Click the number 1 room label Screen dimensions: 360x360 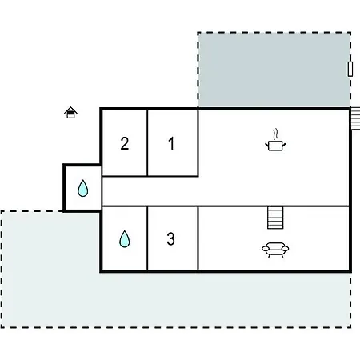coord(171,143)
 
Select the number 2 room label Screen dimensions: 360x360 coord(125,143)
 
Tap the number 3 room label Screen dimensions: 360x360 coord(170,238)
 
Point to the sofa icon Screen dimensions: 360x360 coord(275,250)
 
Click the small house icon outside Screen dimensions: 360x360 coord(70,113)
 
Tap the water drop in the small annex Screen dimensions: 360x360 coord(82,188)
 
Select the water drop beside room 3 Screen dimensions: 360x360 coord(125,239)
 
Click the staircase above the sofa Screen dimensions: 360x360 coord(275,218)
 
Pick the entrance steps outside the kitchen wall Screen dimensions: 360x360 coord(355,118)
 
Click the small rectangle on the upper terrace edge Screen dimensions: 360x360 coord(350,69)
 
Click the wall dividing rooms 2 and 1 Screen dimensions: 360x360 coord(147,142)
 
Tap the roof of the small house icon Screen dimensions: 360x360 coord(70,110)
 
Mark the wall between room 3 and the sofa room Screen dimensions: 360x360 coord(198,238)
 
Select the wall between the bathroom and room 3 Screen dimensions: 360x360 coord(147,238)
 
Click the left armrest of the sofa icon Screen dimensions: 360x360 coord(266,249)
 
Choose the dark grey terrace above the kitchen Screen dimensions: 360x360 coord(274,70)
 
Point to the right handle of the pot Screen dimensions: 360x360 coord(284,145)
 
